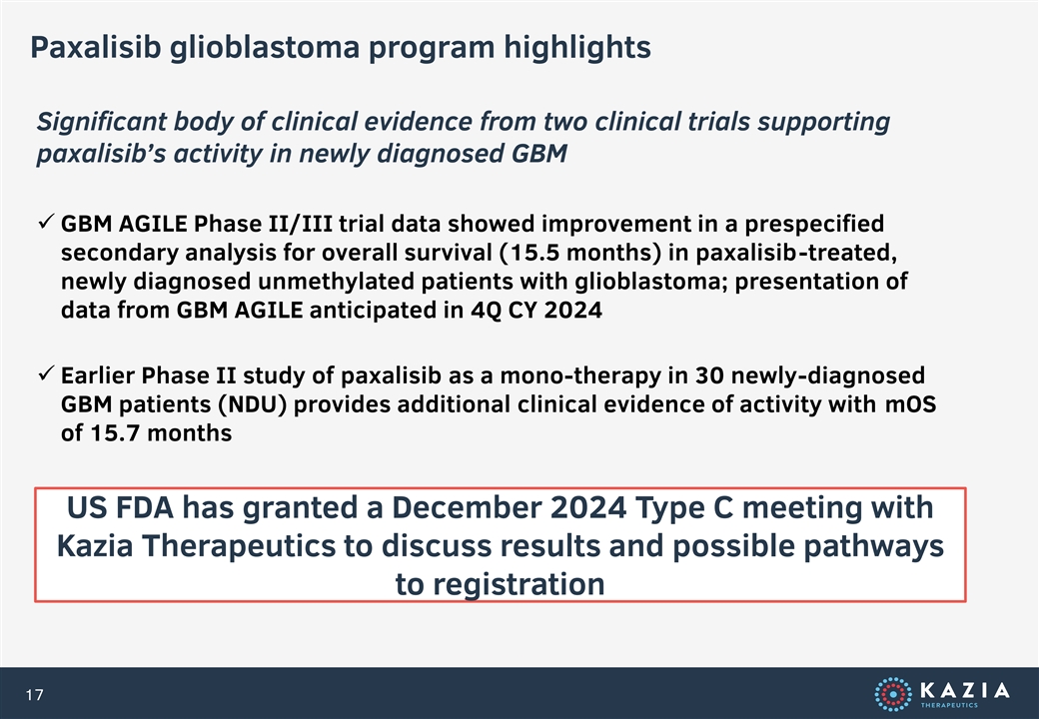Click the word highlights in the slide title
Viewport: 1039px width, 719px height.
[x=576, y=48]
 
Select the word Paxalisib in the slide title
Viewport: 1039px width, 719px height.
[x=96, y=47]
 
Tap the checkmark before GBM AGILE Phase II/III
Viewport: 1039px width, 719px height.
[x=46, y=222]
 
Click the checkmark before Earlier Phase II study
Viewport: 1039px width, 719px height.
[x=46, y=374]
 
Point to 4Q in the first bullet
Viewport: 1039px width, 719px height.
[x=487, y=311]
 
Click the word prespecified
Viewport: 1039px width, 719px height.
[x=814, y=225]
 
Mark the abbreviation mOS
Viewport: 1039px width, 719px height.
[x=911, y=403]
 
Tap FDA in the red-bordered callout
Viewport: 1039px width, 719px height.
[x=145, y=508]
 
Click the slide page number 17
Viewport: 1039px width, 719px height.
[x=34, y=694]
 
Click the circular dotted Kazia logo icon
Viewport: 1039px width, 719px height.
[x=892, y=694]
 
